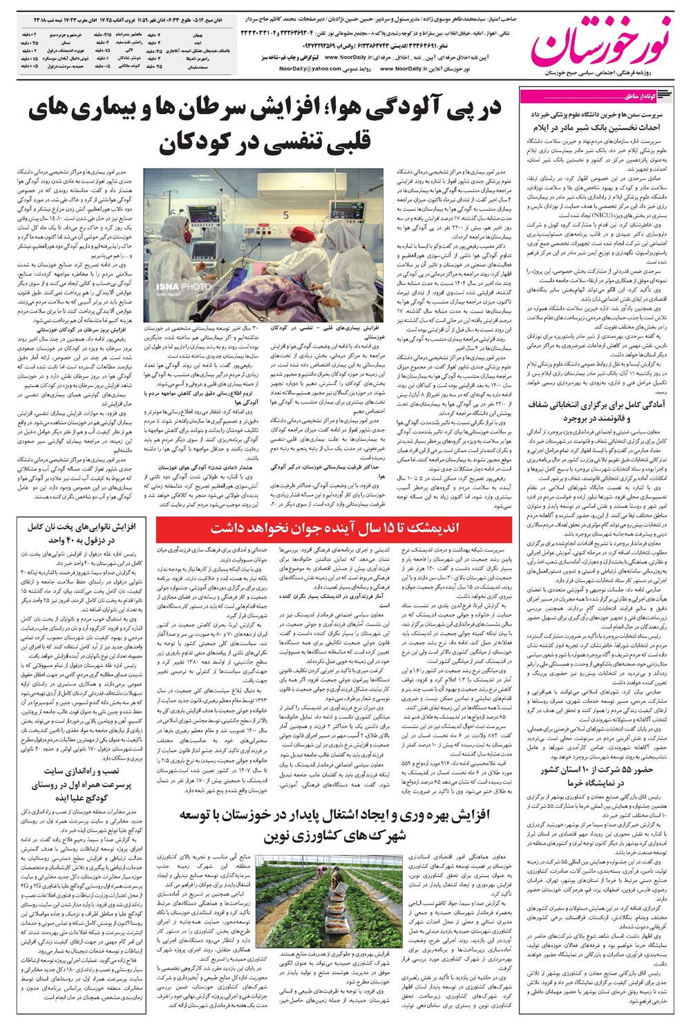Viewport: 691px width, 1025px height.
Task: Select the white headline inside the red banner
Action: pyautogui.click(x=334, y=529)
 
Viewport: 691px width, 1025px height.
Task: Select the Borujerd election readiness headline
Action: pyautogui.click(x=594, y=412)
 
